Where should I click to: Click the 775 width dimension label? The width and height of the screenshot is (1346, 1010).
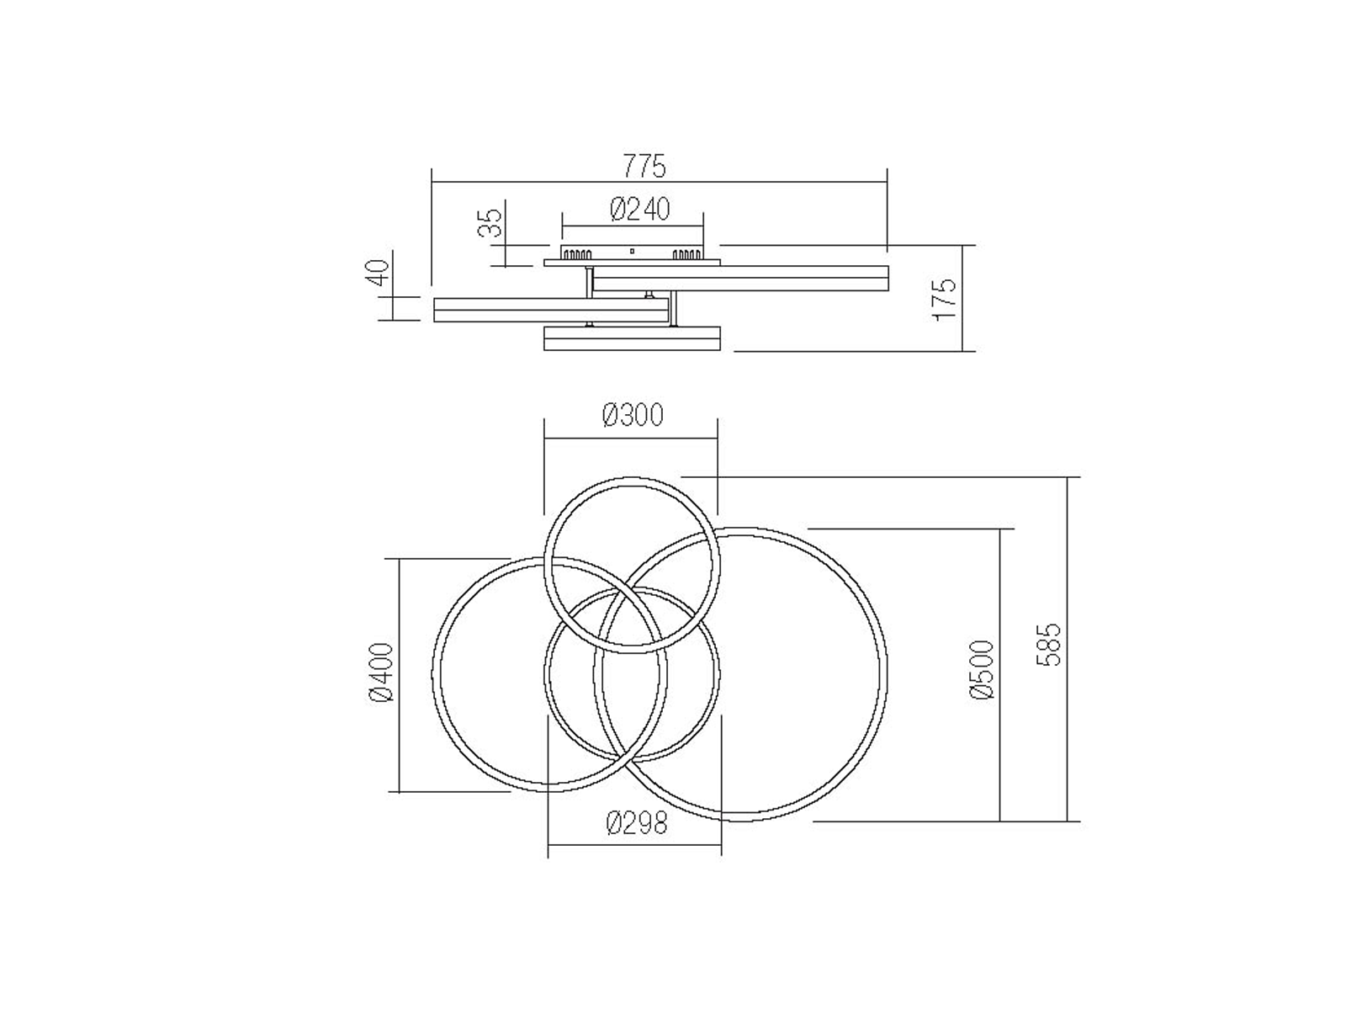tap(644, 167)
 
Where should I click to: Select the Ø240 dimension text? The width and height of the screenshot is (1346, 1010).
tap(639, 210)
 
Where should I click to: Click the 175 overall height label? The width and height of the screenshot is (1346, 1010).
tap(945, 299)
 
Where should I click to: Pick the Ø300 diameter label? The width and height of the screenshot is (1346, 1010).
tap(633, 415)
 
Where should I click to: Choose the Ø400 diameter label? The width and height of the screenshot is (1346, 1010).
tap(381, 672)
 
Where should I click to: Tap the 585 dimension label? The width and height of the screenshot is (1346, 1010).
tap(1048, 645)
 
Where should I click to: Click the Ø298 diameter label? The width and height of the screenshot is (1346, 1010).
tap(636, 823)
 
